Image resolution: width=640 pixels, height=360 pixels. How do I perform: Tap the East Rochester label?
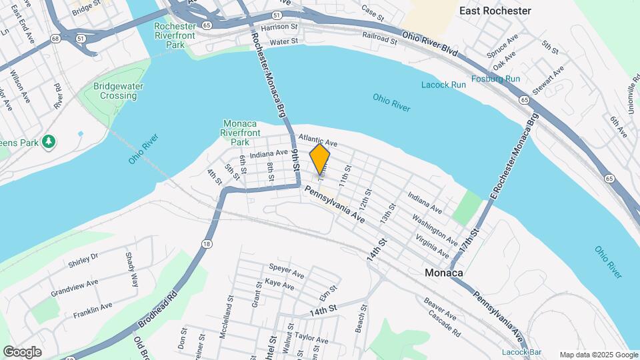[x=495, y=11]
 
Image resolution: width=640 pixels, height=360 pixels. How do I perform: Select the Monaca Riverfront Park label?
[x=245, y=133]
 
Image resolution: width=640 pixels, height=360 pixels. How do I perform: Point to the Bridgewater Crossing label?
[x=115, y=91]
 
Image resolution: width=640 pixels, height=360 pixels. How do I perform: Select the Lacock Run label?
[x=443, y=85]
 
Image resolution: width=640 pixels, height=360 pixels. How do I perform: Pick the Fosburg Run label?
[x=495, y=79]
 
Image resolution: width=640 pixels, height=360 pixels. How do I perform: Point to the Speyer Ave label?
[x=287, y=269]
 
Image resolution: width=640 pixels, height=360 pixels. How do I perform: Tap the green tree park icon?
[x=48, y=141]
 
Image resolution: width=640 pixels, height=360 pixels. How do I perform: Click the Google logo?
[x=22, y=351]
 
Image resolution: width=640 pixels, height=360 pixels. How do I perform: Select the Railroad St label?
[x=380, y=38]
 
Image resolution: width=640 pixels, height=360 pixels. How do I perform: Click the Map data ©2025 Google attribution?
[x=597, y=355]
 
